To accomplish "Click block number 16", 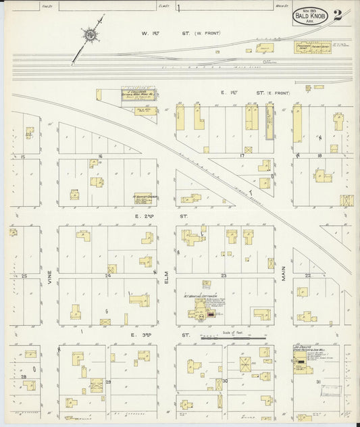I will point(100,156).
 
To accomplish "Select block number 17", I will point(241,155).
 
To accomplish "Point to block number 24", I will point(107,276).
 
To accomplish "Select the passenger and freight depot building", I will point(309,47).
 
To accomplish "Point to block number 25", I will point(24,276).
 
